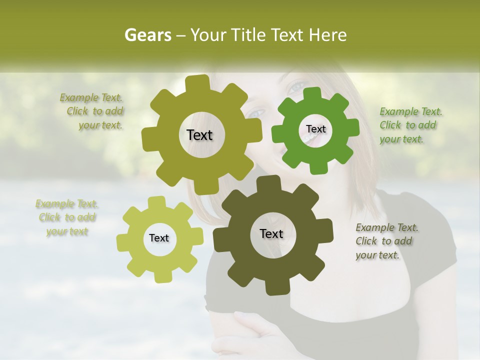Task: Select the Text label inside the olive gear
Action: coord(199,135)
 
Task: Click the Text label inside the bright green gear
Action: coord(315,129)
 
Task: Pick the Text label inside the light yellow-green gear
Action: coord(159,238)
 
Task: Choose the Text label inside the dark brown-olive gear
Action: coord(271,233)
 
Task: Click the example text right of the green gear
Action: coord(410,125)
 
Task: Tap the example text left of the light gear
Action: coord(67,217)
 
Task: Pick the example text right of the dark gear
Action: coord(386,241)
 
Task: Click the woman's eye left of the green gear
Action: coord(256,113)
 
